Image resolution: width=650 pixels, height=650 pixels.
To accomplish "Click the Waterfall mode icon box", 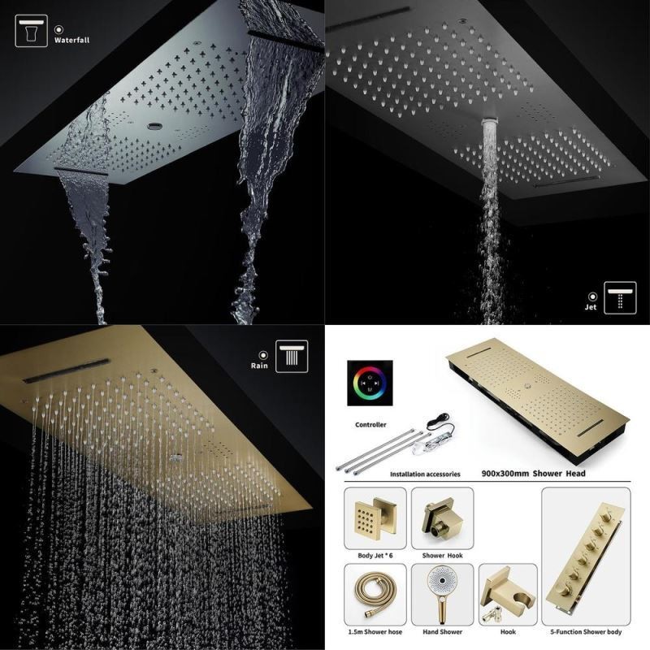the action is coord(31,31).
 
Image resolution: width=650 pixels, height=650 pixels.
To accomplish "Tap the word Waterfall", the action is coord(71,40).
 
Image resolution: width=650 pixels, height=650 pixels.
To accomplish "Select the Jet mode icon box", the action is coord(620,297).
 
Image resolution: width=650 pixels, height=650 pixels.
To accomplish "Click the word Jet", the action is coord(591,307).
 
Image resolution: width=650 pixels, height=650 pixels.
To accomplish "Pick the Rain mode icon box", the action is coord(292,356).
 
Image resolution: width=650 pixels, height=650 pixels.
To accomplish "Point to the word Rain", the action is coord(259,366).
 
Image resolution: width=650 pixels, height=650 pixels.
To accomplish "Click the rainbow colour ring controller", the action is coord(370,383).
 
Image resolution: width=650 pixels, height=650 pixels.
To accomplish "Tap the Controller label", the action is coord(370,424).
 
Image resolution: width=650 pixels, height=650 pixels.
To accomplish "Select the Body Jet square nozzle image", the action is coord(375,518).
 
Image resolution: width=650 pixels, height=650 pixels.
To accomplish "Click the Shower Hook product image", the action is coord(442,518).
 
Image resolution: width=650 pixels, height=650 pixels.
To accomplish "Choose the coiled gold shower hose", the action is coord(375,594).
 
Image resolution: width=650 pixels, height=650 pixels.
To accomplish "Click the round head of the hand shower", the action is coord(442,581).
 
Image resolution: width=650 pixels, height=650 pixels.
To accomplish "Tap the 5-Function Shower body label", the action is coord(586,632).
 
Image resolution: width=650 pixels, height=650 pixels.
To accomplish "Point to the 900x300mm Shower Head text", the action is coord(533,474).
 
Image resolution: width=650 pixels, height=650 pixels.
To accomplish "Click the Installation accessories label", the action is coord(425,474).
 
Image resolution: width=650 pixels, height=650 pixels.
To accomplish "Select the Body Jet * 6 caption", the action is coord(375,556).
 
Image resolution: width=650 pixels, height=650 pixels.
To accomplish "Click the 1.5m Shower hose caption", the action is coord(375,632).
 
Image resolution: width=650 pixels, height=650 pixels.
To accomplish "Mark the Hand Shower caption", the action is coord(442,632).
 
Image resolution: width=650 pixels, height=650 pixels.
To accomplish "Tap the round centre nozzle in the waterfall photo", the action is coord(155,125).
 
